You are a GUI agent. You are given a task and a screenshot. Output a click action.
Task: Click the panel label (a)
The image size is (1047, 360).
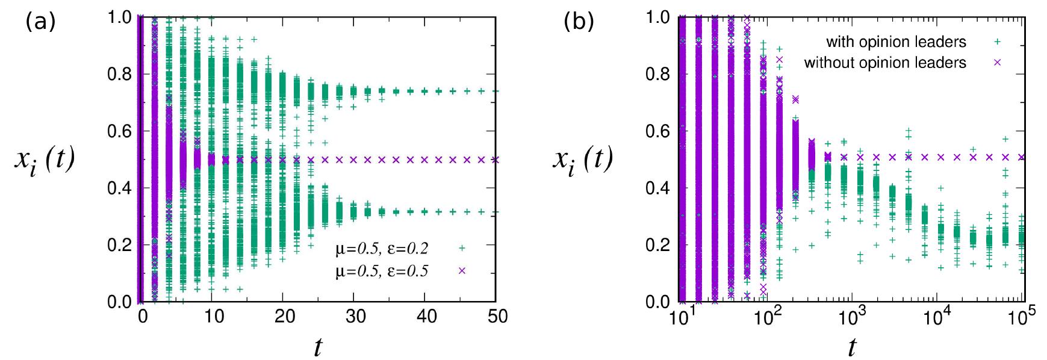click(40, 22)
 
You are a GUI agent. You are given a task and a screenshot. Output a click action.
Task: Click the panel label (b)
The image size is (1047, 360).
click(579, 22)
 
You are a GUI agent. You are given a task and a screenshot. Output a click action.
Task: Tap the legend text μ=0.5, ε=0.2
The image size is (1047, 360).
click(382, 248)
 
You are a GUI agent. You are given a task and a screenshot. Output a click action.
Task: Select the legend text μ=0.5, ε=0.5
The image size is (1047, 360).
click(382, 271)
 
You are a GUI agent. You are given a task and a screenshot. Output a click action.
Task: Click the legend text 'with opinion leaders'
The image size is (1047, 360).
click(896, 42)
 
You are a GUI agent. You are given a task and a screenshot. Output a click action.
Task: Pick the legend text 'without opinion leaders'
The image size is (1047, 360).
click(885, 63)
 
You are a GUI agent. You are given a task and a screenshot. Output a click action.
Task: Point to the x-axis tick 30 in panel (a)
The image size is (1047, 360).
click(356, 317)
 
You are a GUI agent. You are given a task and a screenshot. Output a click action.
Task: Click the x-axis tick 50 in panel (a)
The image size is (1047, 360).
click(498, 317)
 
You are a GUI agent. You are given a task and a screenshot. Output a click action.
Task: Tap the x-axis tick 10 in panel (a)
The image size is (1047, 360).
click(214, 317)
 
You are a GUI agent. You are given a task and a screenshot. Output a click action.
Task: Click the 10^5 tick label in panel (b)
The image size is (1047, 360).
click(1021, 317)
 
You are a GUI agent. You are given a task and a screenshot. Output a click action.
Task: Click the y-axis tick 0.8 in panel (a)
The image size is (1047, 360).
click(119, 74)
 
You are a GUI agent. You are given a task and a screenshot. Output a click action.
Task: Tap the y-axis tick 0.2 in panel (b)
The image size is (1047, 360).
click(657, 245)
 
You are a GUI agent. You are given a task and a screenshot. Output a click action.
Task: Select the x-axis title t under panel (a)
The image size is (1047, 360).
click(318, 347)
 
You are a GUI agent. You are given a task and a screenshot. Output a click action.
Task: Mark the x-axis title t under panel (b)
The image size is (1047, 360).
click(851, 347)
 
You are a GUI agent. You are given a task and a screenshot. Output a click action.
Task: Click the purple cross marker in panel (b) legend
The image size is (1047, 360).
click(997, 63)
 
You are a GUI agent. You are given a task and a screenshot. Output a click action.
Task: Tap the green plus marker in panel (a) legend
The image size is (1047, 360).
click(462, 248)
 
